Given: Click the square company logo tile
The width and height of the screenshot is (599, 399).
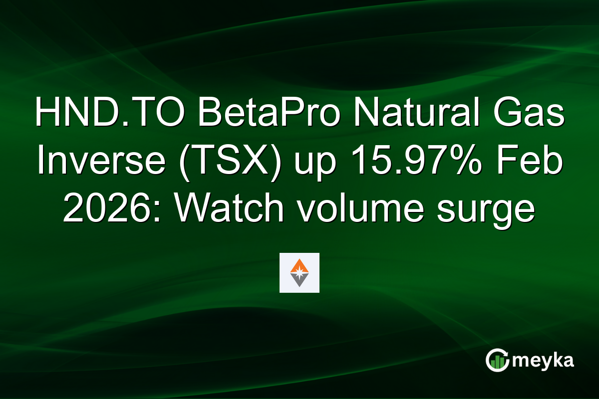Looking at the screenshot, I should [299, 273].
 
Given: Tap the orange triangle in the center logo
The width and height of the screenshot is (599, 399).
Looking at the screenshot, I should [299, 265].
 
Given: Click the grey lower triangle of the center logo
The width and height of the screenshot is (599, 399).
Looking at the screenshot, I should [299, 282].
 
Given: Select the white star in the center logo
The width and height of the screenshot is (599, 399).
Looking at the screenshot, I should [299, 273].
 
